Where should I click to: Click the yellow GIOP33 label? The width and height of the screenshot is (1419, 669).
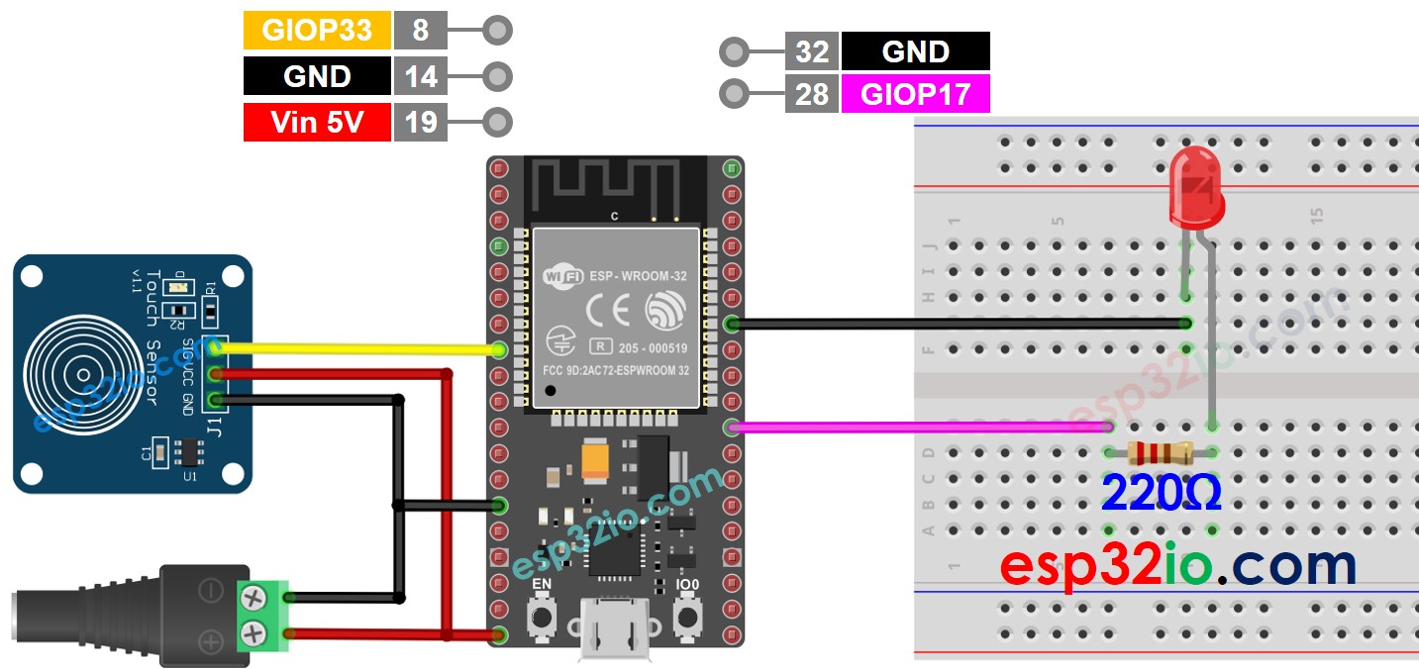tap(317, 31)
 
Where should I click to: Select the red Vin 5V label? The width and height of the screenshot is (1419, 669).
tap(317, 123)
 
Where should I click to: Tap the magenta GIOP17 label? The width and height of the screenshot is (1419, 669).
tap(915, 94)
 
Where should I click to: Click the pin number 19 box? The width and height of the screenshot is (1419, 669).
tap(421, 123)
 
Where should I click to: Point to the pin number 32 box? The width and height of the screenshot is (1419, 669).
tap(812, 51)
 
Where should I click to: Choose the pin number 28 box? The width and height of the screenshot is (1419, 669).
tap(812, 94)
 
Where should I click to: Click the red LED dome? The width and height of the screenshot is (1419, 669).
tap(1196, 188)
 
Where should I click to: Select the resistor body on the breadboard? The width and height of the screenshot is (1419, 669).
tap(1160, 453)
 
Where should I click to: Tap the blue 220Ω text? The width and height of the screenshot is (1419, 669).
tap(1161, 492)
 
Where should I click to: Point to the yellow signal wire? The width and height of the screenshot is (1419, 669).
tap(356, 348)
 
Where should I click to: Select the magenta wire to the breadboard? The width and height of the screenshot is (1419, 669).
tap(921, 428)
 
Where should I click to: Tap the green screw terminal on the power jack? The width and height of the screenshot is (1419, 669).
tap(264, 614)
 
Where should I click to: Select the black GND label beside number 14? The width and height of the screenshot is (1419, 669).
tap(317, 76)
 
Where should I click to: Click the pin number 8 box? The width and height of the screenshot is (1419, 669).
tap(421, 31)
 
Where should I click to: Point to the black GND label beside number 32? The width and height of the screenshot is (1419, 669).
tap(915, 51)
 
